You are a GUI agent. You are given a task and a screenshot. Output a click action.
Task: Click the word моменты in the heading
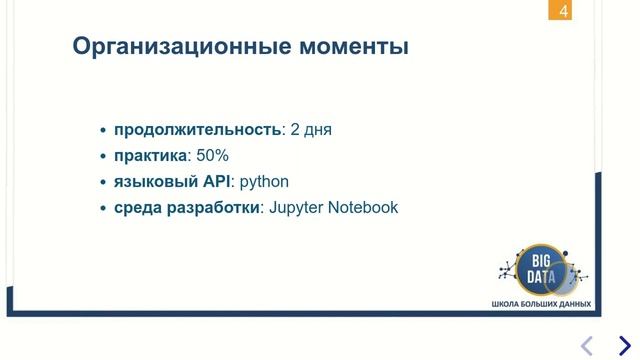coord(354,46)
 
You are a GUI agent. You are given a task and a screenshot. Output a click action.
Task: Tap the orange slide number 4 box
coord(563,12)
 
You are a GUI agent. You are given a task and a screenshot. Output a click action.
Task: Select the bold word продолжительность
coord(196,130)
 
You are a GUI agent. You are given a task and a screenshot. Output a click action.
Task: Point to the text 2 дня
coord(311,130)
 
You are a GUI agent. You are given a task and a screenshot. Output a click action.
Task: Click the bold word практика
coord(150,156)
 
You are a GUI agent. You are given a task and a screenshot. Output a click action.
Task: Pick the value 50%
coord(212,156)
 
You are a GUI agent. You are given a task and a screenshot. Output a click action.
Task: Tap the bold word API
coord(217,182)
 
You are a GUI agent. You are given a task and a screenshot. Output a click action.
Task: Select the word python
coord(264,182)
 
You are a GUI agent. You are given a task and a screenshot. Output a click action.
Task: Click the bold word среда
coord(138,208)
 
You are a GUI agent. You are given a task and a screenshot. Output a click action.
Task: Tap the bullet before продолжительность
coord(104,131)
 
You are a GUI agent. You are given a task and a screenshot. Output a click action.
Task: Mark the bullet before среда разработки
coord(104,209)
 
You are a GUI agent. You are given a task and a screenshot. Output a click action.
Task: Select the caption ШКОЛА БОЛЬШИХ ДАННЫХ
coord(541,304)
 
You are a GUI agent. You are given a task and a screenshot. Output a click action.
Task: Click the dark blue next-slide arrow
coord(624,346)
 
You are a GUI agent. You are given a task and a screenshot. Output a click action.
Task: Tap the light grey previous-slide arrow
coord(587,346)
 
